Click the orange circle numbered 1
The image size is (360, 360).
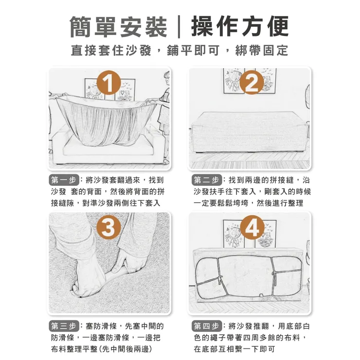click(x=108, y=83)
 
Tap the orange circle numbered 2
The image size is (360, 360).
click(x=252, y=82)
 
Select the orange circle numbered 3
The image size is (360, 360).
click(x=108, y=227)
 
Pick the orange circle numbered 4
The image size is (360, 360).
click(x=252, y=227)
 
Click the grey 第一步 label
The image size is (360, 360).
click(x=64, y=180)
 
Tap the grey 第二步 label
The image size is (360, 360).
click(x=207, y=180)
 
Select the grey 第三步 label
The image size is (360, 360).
click(x=64, y=326)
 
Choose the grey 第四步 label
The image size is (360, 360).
click(x=207, y=326)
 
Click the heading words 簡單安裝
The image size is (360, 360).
click(x=118, y=26)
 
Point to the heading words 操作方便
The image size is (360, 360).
click(x=240, y=26)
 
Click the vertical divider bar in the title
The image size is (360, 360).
click(x=179, y=27)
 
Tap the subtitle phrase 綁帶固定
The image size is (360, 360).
click(x=262, y=50)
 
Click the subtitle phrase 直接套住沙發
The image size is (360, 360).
click(x=111, y=50)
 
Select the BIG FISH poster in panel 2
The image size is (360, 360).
click(x=234, y=81)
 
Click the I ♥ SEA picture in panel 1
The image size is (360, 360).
click(x=125, y=90)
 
